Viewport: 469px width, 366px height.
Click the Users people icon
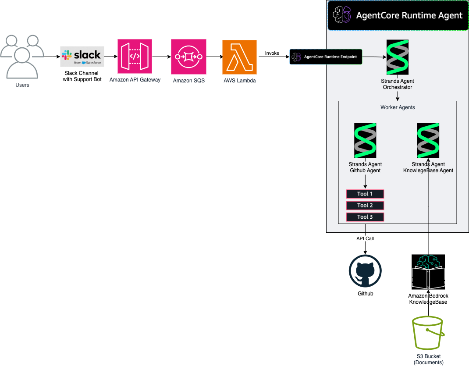(22, 56)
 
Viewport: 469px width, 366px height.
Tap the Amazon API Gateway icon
(135, 57)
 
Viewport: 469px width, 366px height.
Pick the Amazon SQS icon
(188, 57)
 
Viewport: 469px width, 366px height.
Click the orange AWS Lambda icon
(239, 57)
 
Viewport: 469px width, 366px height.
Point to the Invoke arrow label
(272, 53)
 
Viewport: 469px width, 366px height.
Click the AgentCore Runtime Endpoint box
(326, 57)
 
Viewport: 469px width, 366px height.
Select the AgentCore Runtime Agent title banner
(398, 15)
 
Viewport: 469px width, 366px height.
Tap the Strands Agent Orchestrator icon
(398, 57)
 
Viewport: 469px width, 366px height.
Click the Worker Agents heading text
(398, 107)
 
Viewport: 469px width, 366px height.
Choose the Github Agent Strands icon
(365, 140)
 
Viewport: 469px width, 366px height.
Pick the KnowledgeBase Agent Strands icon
(428, 140)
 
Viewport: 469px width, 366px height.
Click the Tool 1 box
(365, 194)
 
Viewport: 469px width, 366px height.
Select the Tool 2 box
(365, 205)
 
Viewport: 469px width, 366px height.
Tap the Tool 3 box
(365, 217)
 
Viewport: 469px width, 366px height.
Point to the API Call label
(365, 239)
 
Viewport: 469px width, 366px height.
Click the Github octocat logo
(365, 271)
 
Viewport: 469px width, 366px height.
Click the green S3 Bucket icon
(428, 334)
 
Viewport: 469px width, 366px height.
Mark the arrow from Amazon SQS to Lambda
(213, 57)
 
